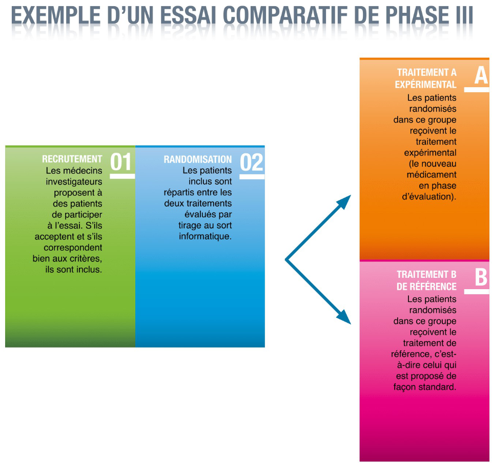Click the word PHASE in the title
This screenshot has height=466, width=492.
[417, 15]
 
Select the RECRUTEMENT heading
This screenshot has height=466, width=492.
[72, 159]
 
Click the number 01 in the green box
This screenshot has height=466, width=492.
[121, 162]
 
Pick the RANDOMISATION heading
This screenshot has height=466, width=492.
[198, 159]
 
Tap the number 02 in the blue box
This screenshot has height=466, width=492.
[251, 163]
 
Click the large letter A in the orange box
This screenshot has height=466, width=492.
[481, 76]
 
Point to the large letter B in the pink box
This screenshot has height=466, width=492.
[481, 277]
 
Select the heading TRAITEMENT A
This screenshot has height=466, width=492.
[427, 72]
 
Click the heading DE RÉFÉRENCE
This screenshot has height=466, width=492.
[426, 287]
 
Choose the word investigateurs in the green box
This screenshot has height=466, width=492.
[74, 181]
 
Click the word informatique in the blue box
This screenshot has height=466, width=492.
[205, 236]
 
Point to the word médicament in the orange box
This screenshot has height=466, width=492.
[432, 174]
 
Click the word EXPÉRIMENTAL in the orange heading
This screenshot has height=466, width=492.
[425, 85]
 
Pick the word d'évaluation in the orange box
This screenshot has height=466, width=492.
[429, 197]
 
